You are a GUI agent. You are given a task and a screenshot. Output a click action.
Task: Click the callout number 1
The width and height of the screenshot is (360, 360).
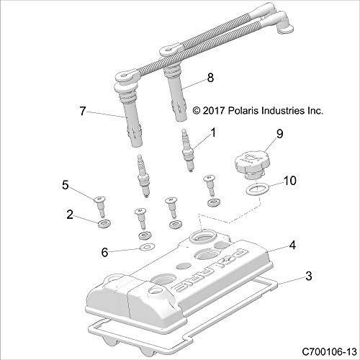[213, 132]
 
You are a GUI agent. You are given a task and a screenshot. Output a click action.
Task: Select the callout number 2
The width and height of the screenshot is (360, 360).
[71, 214]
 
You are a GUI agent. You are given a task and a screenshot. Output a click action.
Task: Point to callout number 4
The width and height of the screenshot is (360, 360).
[292, 246]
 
